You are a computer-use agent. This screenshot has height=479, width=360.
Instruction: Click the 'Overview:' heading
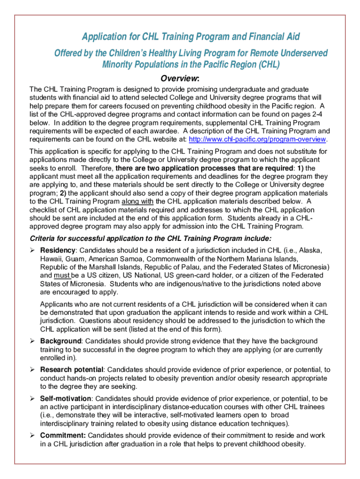click(x=180, y=78)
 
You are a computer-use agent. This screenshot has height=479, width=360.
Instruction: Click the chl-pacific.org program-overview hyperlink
click(x=257, y=139)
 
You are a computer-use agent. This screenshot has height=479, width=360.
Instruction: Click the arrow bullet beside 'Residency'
click(x=33, y=251)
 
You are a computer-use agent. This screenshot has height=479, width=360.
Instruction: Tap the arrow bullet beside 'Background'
click(x=33, y=341)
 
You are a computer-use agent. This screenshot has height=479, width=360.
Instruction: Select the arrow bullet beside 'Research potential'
click(x=33, y=370)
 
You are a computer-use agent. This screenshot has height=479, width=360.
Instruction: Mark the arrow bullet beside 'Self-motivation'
click(x=33, y=399)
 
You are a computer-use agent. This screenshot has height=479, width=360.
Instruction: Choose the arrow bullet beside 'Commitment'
click(x=33, y=435)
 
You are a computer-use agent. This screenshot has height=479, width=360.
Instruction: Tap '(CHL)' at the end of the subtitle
click(x=268, y=65)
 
